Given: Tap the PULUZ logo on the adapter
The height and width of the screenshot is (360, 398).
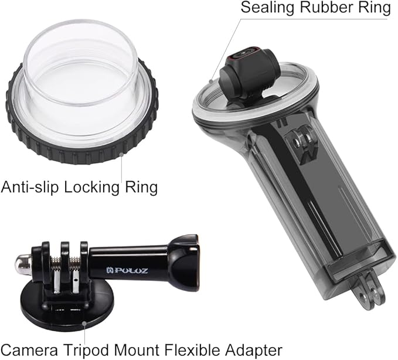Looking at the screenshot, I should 121,271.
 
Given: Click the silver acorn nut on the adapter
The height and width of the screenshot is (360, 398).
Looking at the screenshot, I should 22,264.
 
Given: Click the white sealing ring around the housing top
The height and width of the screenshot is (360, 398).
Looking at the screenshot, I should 211,88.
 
